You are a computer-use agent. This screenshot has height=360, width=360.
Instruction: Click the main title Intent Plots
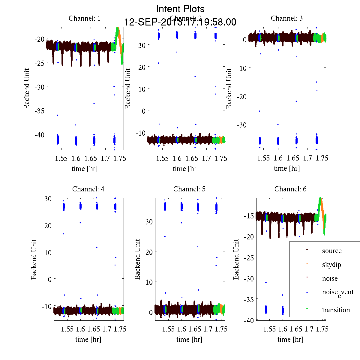point(180,9)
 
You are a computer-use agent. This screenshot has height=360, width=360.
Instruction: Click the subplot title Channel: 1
point(85,18)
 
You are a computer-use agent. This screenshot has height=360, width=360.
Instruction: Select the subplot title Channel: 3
point(286,18)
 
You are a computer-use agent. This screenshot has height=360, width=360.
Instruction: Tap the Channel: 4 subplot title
point(88,189)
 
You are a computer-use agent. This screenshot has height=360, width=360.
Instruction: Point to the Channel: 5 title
point(189,189)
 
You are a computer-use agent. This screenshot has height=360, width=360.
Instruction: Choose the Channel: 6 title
point(290,189)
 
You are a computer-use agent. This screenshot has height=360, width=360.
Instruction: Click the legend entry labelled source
point(331,251)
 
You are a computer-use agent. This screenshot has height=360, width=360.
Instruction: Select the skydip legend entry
point(331,265)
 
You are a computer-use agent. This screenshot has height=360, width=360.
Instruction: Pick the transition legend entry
point(336,310)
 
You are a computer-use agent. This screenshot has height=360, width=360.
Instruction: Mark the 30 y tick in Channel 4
point(48,198)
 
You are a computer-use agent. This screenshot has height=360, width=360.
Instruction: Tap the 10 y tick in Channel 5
point(149,282)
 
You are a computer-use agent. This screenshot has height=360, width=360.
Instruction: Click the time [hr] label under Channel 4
point(88,339)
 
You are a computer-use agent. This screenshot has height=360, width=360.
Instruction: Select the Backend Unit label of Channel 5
point(137,259)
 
